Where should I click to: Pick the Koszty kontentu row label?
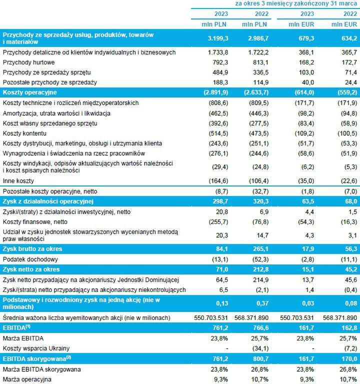(x=25, y=133)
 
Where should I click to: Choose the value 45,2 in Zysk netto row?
(x=347, y=269)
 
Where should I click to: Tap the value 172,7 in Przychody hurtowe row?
(x=347, y=62)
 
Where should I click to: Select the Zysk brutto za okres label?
(x=33, y=248)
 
